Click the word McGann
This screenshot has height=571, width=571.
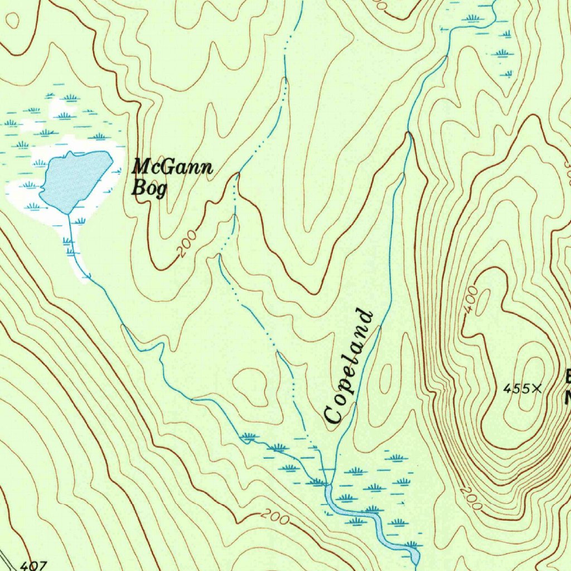pos(172,167)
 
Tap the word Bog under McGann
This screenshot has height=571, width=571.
pos(148,188)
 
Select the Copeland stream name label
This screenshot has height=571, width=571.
pos(348,366)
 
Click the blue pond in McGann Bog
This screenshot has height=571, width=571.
pos(75,178)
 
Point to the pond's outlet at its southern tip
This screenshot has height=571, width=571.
pos(68,214)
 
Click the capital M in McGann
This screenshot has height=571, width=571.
pos(141,166)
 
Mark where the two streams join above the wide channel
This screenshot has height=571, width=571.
pos(329,484)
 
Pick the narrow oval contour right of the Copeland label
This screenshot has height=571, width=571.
pos(385,384)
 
